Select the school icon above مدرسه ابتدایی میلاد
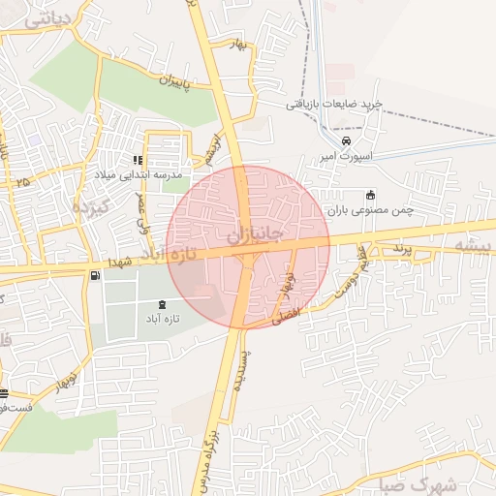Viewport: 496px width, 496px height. [x=138, y=161]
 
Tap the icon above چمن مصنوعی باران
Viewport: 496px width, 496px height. [x=370, y=194]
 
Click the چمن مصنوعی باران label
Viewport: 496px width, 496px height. [x=368, y=209]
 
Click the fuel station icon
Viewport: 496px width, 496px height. [x=95, y=277]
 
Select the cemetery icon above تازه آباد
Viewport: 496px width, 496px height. [x=161, y=305]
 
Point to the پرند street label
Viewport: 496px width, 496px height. [x=400, y=251]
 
